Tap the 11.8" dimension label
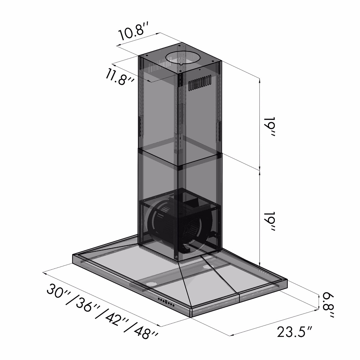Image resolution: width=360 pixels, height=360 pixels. pyautogui.click(x=120, y=77)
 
